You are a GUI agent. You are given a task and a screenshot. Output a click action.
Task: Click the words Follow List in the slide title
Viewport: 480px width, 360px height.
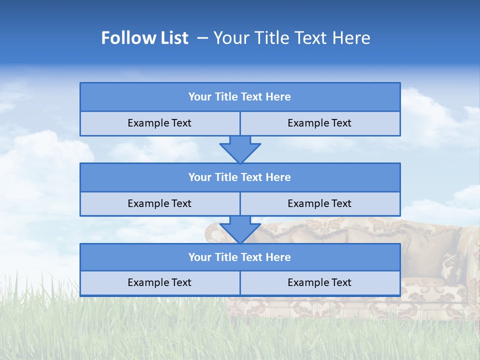tap(144, 38)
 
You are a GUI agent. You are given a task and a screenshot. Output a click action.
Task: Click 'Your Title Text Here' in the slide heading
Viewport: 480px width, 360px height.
tap(291, 38)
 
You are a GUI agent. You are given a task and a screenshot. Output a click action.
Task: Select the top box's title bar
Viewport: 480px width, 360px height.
tap(240, 97)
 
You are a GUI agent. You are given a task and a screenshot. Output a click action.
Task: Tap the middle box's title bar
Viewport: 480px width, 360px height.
tap(240, 177)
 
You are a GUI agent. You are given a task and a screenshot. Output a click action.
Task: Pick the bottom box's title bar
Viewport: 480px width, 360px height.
tap(240, 257)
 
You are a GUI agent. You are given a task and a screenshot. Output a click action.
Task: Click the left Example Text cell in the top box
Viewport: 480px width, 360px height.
tap(159, 123)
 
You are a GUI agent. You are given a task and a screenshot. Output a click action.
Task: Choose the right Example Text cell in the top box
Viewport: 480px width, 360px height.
tap(320, 123)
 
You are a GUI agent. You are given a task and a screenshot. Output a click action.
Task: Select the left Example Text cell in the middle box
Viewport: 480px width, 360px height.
tap(159, 204)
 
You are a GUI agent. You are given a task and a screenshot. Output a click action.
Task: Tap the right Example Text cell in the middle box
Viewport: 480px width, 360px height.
tap(320, 204)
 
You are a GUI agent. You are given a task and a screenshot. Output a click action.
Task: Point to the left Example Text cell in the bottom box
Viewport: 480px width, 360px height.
tap(159, 283)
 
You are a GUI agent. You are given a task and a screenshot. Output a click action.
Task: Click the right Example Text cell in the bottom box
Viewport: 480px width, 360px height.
tap(320, 283)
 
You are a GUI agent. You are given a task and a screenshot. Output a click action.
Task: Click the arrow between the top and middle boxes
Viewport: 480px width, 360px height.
tap(240, 149)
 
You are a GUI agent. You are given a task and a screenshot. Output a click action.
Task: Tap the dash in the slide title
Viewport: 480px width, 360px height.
tap(202, 38)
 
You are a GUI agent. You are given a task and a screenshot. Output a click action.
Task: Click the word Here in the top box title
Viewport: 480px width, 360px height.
tap(278, 97)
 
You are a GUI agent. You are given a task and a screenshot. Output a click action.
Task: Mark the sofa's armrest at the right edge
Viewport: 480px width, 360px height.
tap(467, 250)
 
